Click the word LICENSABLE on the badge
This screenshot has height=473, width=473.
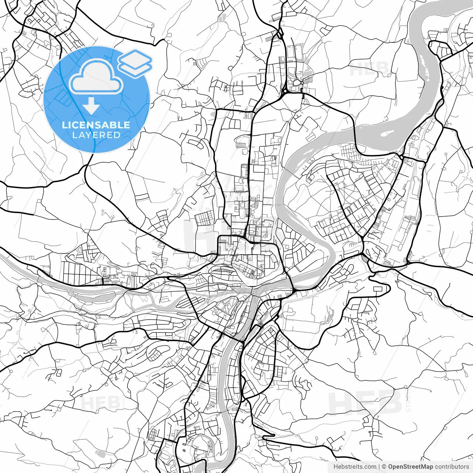click(x=96, y=125)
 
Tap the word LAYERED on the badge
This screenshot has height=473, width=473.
click(x=96, y=135)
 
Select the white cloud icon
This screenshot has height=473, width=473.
click(x=96, y=76)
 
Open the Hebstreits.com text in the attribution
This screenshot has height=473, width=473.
click(x=355, y=467)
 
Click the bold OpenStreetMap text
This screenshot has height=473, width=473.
click(x=411, y=467)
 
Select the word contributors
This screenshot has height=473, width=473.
click(x=452, y=467)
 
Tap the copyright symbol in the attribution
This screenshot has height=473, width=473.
click(x=384, y=467)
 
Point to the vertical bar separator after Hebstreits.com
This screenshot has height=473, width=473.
click(x=380, y=467)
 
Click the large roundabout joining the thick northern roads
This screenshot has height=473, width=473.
click(x=285, y=91)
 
